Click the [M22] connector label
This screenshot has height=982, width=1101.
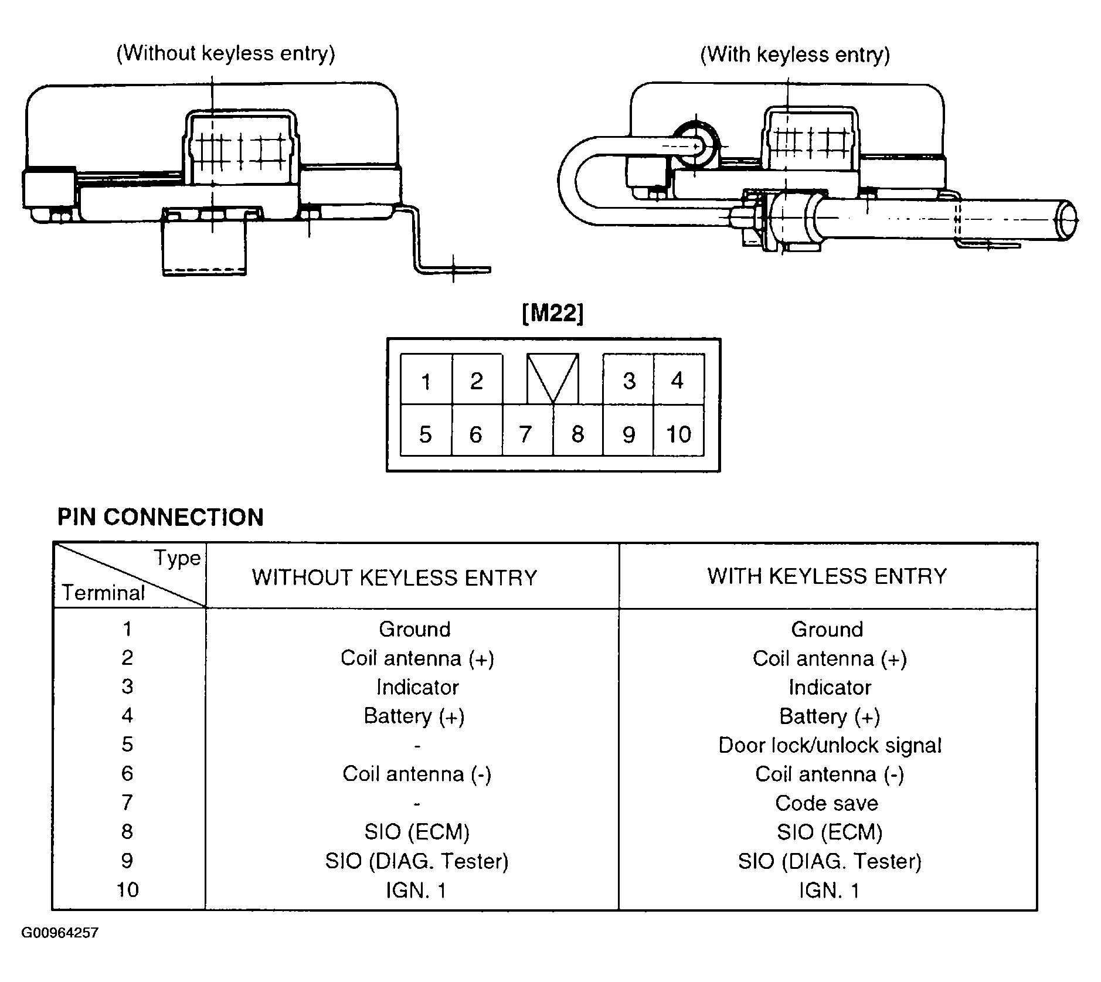[x=552, y=314]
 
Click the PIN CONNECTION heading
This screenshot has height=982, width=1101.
[x=161, y=517]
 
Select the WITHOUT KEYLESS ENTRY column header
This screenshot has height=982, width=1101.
[x=395, y=577]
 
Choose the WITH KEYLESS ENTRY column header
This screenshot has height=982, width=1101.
[x=827, y=576]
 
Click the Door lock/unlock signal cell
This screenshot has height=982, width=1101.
[x=830, y=745]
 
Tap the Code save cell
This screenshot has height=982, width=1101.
[x=827, y=803]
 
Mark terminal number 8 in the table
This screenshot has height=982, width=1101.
[x=127, y=831]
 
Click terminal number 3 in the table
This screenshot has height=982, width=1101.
[x=127, y=687]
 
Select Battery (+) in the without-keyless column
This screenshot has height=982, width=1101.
[x=414, y=716]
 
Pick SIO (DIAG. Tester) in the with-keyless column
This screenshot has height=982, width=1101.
[x=830, y=861]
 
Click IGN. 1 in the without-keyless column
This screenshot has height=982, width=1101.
[x=416, y=890]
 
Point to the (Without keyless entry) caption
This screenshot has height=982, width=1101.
[x=226, y=53]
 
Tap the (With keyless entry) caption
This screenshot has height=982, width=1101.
[x=795, y=55]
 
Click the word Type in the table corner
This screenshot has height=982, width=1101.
[x=177, y=558]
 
